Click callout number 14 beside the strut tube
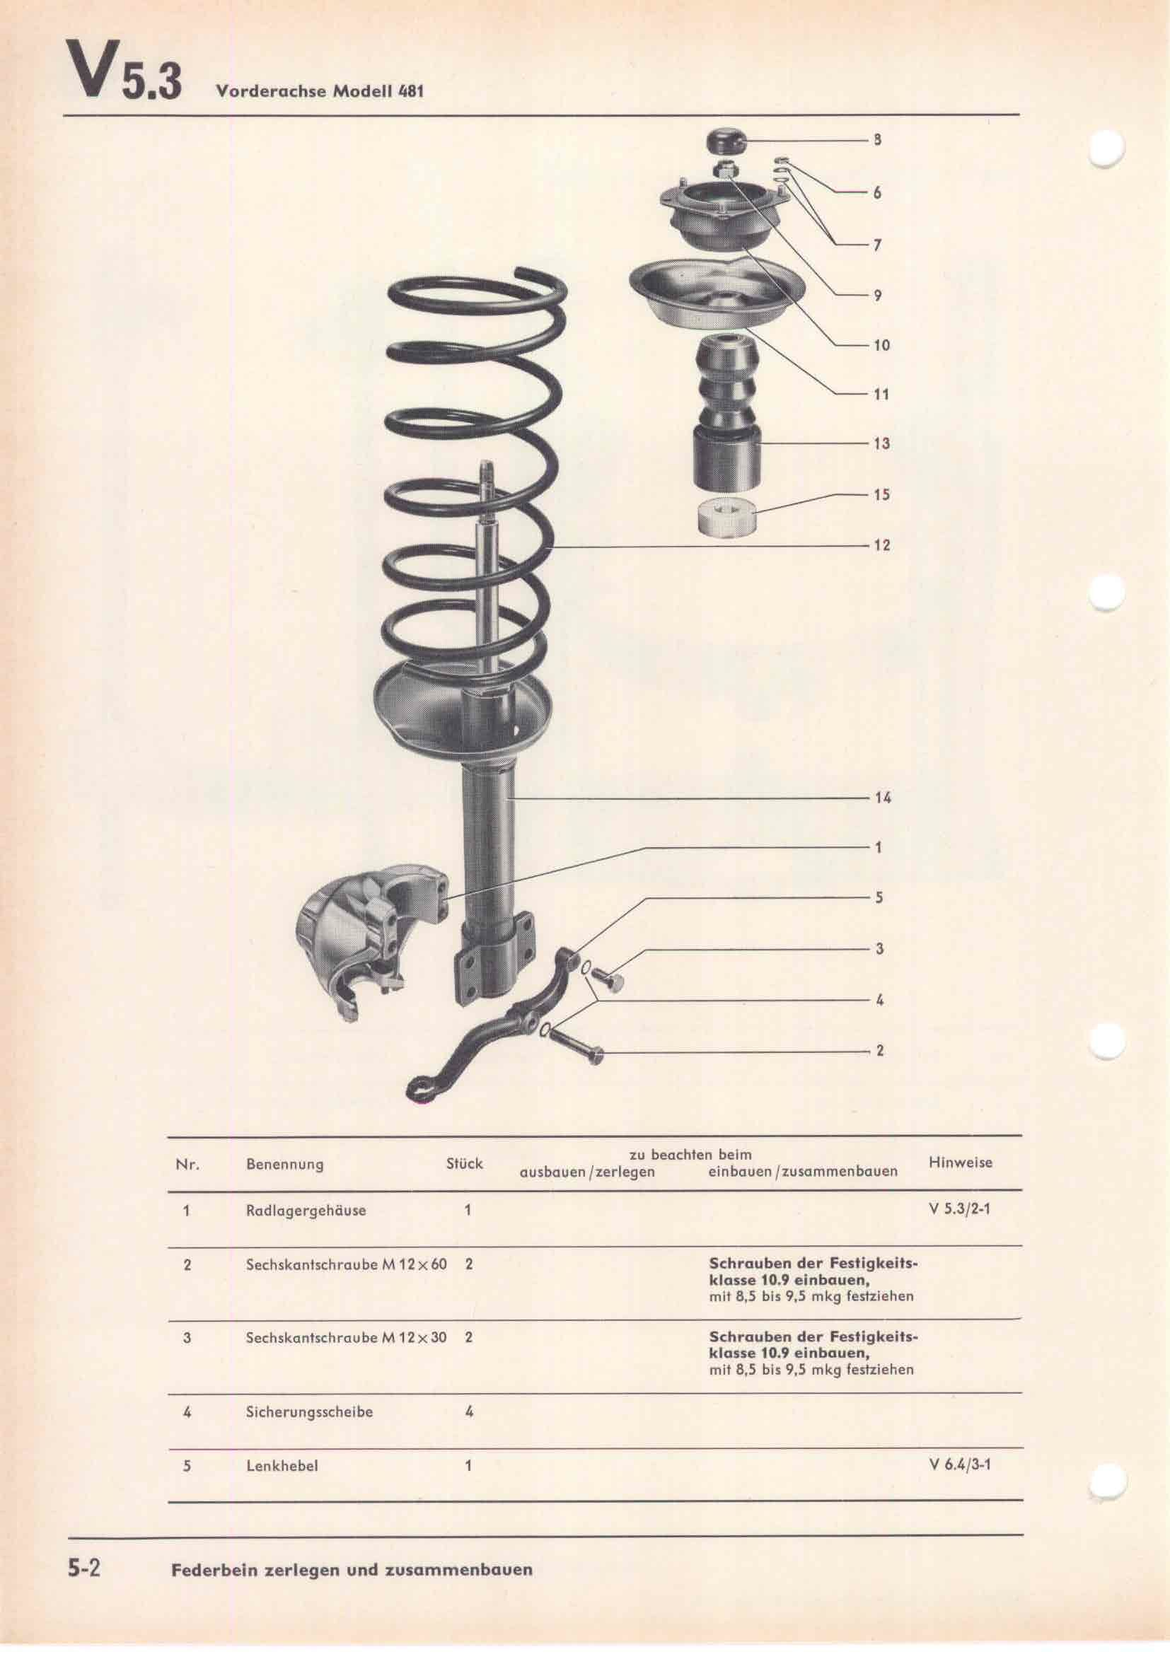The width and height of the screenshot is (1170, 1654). pos(883,798)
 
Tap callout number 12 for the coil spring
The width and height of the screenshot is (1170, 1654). pos(882,545)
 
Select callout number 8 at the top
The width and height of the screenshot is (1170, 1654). pos(877,141)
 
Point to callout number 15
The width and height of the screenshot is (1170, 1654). pos(882,495)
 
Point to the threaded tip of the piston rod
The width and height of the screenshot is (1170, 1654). pos(485,475)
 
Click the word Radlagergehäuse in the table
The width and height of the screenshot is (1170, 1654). pos(306,1210)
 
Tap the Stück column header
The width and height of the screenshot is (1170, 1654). pos(465,1163)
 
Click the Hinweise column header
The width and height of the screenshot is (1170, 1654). pos(961,1162)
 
